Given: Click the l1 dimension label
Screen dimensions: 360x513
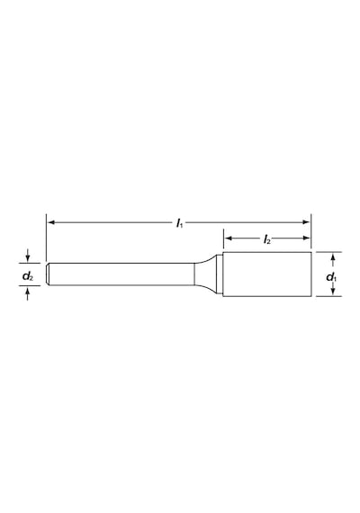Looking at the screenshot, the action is pyautogui.click(x=180, y=223).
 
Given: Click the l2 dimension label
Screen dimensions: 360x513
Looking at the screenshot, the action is pyautogui.click(x=267, y=239).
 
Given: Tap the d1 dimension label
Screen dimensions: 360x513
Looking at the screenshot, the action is pyautogui.click(x=331, y=277).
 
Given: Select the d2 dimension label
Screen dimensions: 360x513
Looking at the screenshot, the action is pyautogui.click(x=28, y=276).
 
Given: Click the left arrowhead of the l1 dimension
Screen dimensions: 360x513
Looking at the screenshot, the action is pyautogui.click(x=51, y=222).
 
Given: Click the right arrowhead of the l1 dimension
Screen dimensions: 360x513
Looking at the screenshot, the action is pyautogui.click(x=306, y=222).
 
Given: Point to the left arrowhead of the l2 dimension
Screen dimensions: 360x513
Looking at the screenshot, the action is pyautogui.click(x=229, y=238).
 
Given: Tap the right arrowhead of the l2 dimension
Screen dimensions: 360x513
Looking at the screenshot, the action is pyautogui.click(x=306, y=238).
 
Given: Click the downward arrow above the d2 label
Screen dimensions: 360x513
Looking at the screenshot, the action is pyautogui.click(x=28, y=256).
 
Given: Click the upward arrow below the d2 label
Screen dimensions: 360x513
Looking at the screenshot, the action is pyautogui.click(x=28, y=293).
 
